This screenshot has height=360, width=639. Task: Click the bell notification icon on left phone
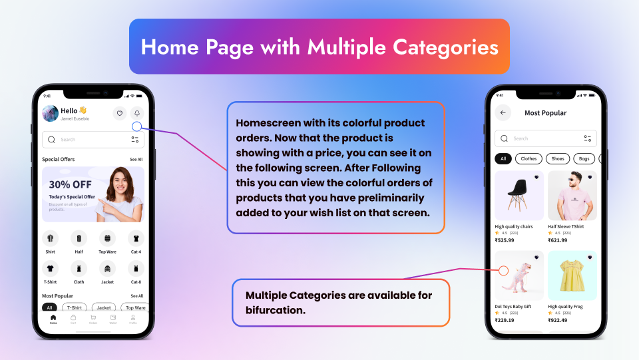click(136, 113)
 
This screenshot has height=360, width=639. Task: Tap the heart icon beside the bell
click(119, 113)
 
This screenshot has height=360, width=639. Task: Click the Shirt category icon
click(50, 238)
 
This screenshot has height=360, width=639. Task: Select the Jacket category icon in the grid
click(106, 268)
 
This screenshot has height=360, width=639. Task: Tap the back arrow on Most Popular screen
click(503, 113)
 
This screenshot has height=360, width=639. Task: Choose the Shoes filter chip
click(557, 159)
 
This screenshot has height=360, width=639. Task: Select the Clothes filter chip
click(529, 159)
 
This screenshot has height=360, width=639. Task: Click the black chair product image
click(519, 194)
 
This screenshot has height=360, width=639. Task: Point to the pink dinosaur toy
click(519, 275)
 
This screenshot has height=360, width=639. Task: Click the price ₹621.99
click(558, 240)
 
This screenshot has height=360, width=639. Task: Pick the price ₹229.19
click(505, 320)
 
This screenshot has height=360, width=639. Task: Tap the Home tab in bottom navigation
click(53, 319)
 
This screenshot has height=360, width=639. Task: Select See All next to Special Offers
click(136, 160)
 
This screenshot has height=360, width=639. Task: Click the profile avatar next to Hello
click(50, 113)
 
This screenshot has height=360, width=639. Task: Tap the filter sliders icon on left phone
click(135, 139)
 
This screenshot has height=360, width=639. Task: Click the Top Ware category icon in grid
click(107, 238)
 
